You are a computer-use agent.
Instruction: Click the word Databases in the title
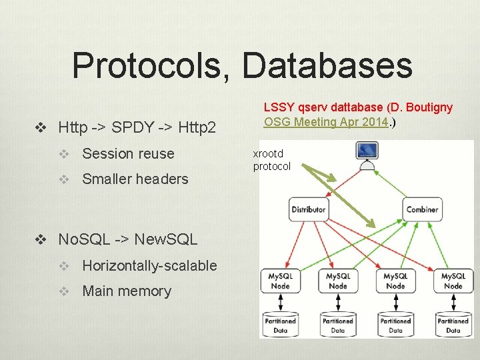[x=327, y=65]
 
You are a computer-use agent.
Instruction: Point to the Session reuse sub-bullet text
[x=128, y=153]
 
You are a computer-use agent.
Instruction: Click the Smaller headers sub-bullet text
[x=135, y=179]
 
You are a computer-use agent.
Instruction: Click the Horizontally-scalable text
[x=149, y=265]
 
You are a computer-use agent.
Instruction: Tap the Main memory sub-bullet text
[x=127, y=291]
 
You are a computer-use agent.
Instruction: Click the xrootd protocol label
[x=271, y=160]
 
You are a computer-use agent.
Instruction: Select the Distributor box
[x=308, y=209]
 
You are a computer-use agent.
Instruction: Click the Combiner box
[x=423, y=209]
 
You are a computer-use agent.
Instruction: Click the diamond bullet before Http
[x=41, y=127]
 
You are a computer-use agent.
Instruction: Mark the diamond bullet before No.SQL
[x=41, y=239]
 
